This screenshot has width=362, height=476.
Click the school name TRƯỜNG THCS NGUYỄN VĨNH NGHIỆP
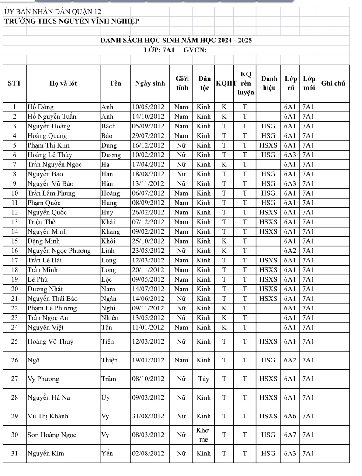pos(72,21)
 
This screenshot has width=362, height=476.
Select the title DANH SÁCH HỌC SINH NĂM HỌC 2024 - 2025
pos(176,41)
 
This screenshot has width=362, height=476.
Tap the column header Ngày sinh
pos(150,83)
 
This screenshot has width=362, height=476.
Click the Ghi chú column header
pos(333,83)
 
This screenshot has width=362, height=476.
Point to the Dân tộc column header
pos(204,83)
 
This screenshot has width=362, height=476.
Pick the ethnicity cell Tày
pos(204,379)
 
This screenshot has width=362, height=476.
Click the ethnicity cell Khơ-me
pos(204,435)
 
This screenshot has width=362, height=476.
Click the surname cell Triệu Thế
pos(42,222)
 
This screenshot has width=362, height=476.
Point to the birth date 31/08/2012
pos(148,416)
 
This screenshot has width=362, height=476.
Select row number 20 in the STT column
pos(14,289)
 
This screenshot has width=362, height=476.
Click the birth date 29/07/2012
pos(148,136)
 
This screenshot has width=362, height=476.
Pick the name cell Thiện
pos(110,360)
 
